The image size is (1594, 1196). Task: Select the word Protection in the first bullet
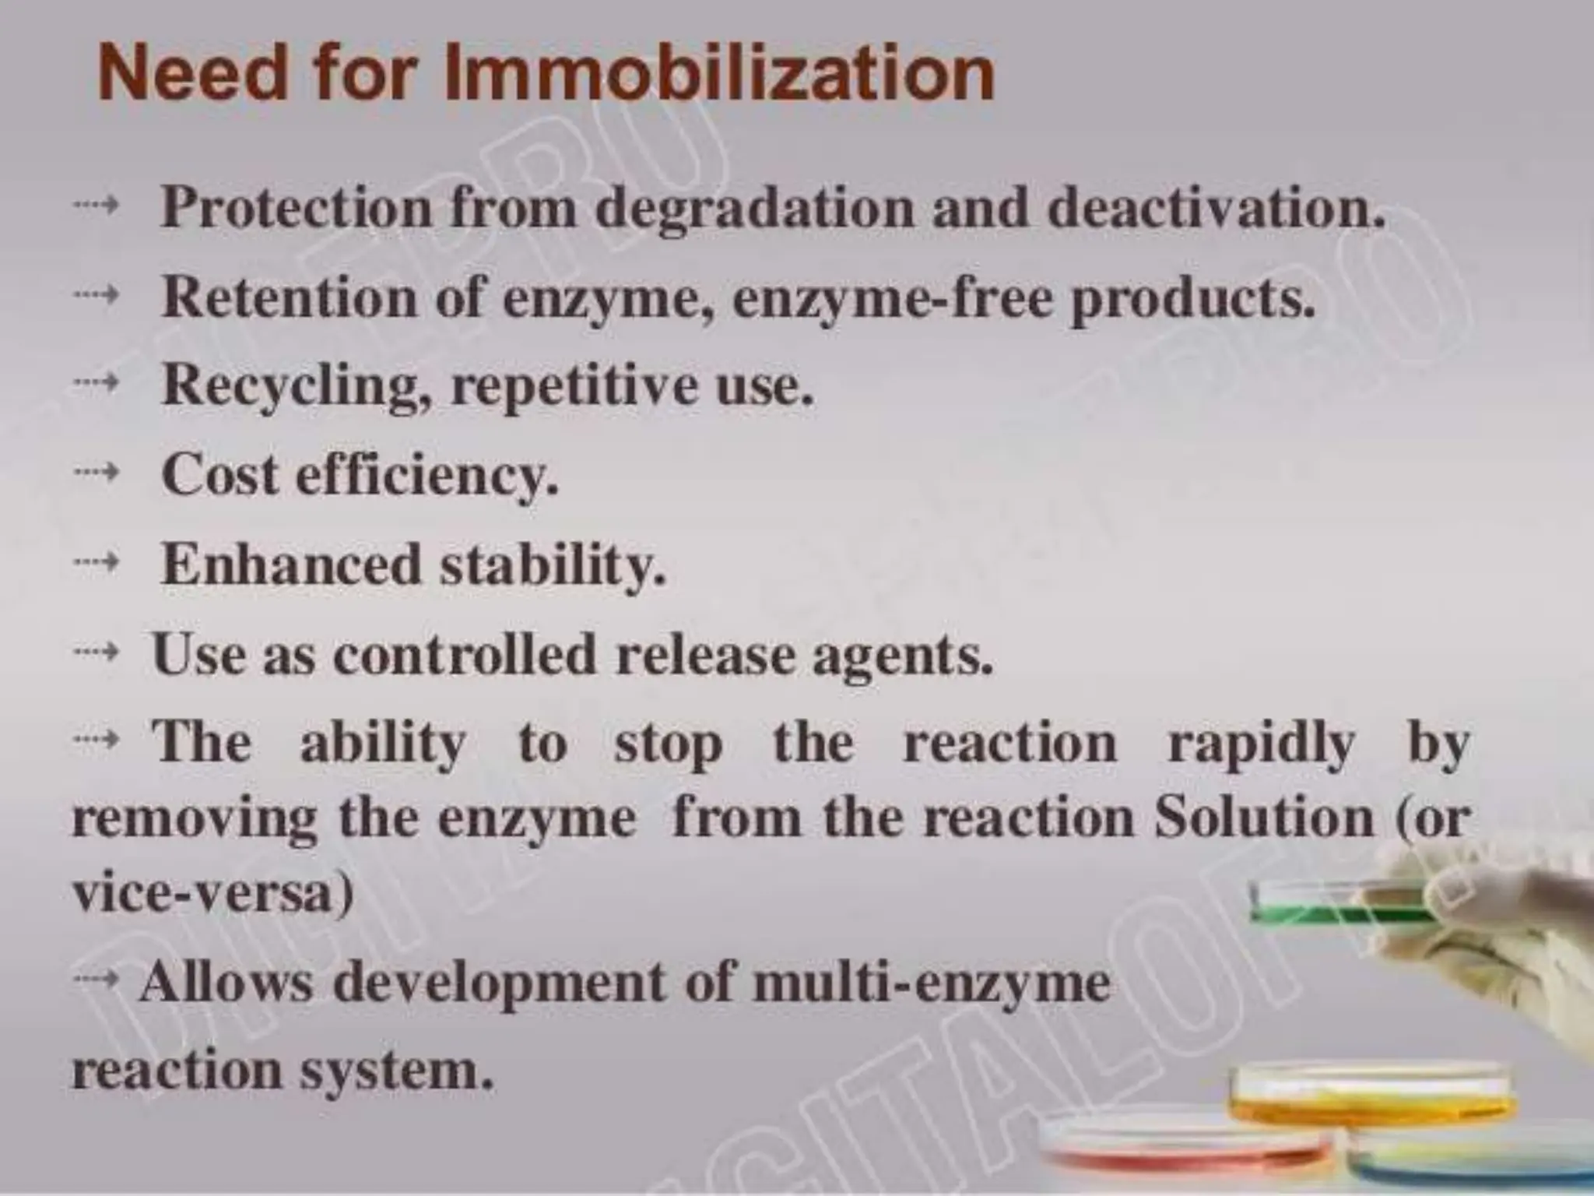(295, 208)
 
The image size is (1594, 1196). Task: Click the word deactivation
(1216, 208)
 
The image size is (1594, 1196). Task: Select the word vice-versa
(212, 893)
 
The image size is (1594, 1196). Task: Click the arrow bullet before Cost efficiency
(96, 472)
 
